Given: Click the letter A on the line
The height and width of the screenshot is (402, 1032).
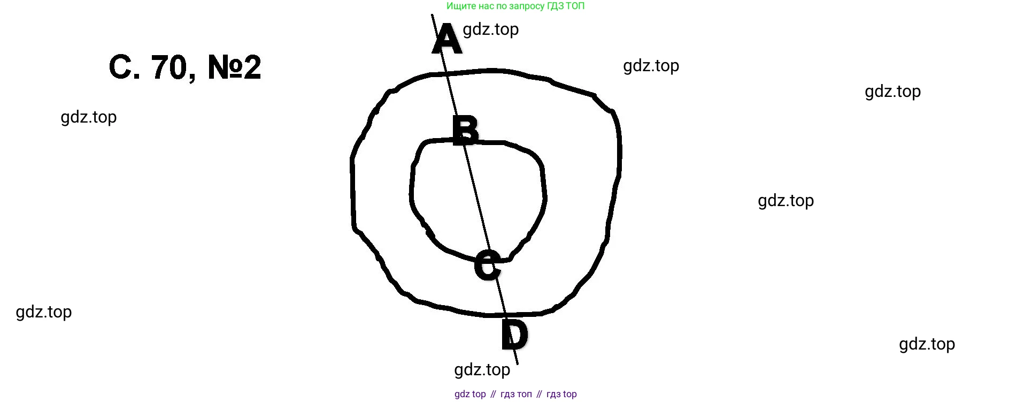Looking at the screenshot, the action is pyautogui.click(x=447, y=39).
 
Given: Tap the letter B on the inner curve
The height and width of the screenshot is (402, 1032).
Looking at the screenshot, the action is pyautogui.click(x=465, y=130).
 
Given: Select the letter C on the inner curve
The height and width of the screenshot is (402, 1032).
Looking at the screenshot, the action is pyautogui.click(x=487, y=265).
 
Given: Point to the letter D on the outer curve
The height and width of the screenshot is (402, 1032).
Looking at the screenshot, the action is pyautogui.click(x=514, y=334).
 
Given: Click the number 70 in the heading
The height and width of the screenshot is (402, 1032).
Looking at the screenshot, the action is pyautogui.click(x=169, y=67).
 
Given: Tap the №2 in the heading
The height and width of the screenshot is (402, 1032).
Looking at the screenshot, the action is pyautogui.click(x=234, y=67).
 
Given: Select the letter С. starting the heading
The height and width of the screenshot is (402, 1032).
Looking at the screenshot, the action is pyautogui.click(x=125, y=67).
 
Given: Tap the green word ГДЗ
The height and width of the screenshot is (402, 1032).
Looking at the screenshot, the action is pyautogui.click(x=554, y=6).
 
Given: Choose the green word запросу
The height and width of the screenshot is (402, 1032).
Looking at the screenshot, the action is pyautogui.click(x=526, y=6).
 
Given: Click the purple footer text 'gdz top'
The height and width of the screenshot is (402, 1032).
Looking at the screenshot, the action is pyautogui.click(x=470, y=394).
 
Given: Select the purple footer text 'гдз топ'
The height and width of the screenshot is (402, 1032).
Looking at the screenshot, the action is pyautogui.click(x=516, y=395).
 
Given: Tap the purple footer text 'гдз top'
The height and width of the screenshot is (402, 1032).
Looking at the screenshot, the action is pyautogui.click(x=561, y=395).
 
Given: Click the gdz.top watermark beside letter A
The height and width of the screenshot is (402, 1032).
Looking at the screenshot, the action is pyautogui.click(x=490, y=29).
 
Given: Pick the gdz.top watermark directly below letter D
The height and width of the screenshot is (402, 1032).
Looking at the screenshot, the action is pyautogui.click(x=482, y=369).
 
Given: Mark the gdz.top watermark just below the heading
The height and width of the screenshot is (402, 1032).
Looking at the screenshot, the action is pyautogui.click(x=88, y=117).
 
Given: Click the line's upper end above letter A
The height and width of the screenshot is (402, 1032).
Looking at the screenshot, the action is pyautogui.click(x=432, y=14).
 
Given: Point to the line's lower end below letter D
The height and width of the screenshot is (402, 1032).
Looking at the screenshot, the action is pyautogui.click(x=517, y=364).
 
